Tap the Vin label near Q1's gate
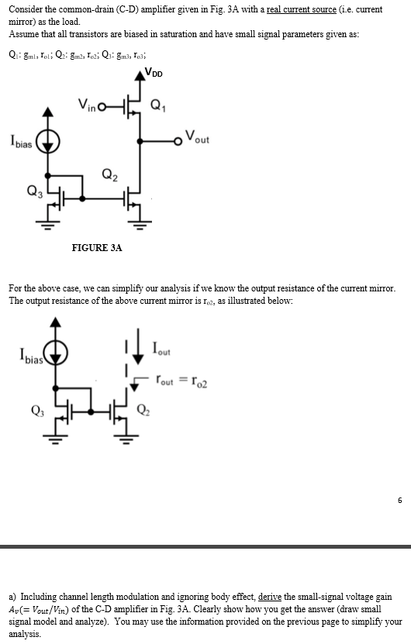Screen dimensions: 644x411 point(88,105)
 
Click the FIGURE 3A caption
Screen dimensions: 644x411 point(97,247)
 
